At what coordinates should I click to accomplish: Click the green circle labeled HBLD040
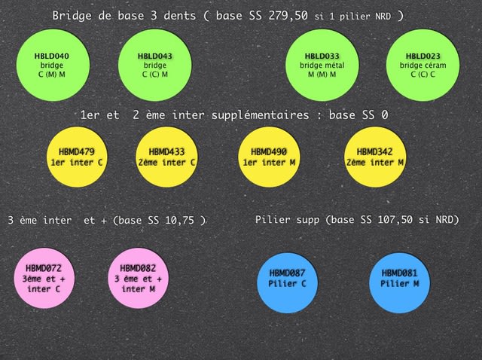point(52,66)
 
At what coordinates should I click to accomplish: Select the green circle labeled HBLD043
point(155,66)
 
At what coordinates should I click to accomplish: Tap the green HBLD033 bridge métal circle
point(322,66)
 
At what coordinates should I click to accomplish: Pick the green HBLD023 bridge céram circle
point(422,66)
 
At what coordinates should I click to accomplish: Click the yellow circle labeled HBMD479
point(79,157)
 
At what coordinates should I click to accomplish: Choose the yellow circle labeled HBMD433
point(167,157)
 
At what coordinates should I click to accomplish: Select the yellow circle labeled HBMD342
point(375,157)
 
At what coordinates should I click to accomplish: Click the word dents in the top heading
point(184,16)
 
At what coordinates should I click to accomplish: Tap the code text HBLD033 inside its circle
point(322,56)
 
